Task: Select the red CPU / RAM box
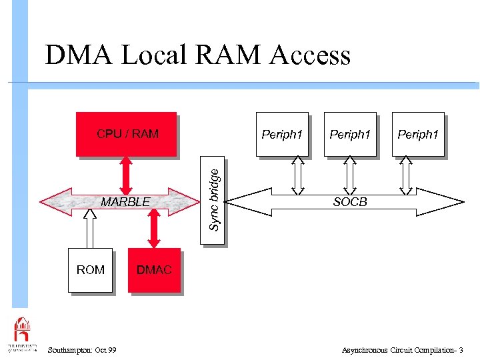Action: [126, 134]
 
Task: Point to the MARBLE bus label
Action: [125, 201]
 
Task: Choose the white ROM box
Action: [90, 270]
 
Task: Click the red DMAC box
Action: [154, 270]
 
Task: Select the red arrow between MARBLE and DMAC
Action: [154, 229]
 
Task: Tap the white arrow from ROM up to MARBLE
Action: [89, 229]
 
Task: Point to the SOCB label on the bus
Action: [350, 201]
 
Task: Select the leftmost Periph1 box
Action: [283, 134]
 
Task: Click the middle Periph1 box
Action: [350, 134]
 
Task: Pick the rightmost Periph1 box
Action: [418, 134]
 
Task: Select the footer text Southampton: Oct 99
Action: [83, 350]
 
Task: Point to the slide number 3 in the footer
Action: [461, 350]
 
